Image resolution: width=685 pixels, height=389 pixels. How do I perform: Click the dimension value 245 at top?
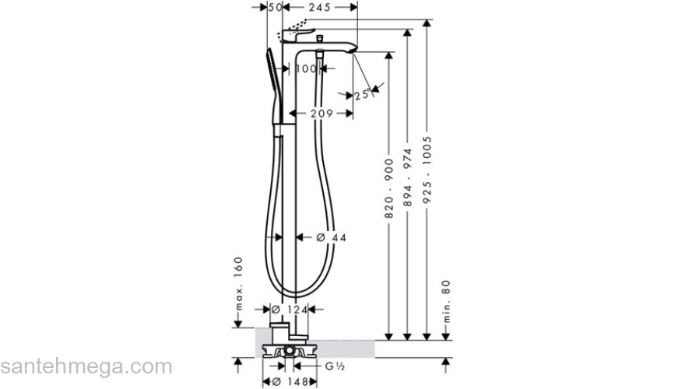(x=320, y=7)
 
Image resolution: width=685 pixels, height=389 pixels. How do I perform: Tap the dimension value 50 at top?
(x=274, y=7)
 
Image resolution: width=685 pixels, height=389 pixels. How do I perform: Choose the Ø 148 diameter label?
(x=289, y=381)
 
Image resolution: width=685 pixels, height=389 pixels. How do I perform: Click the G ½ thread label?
(x=335, y=365)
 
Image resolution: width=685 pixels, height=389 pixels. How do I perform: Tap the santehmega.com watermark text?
(x=86, y=366)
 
